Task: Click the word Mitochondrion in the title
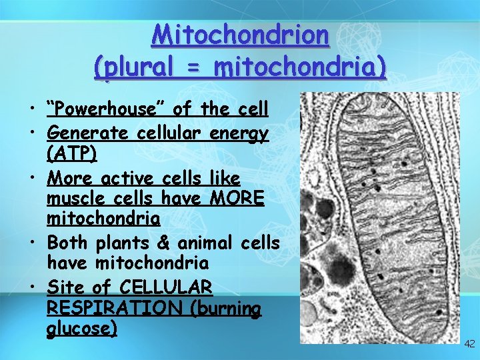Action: click(x=240, y=35)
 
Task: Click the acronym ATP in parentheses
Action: click(x=72, y=154)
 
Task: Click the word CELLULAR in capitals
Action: click(x=167, y=288)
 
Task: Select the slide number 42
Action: click(x=469, y=344)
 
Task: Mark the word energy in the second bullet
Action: click(x=240, y=133)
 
